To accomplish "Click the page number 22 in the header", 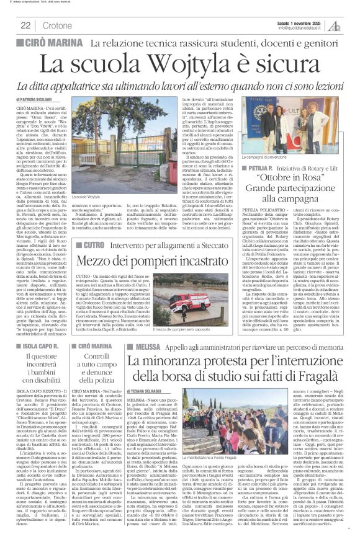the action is tap(25, 25).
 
